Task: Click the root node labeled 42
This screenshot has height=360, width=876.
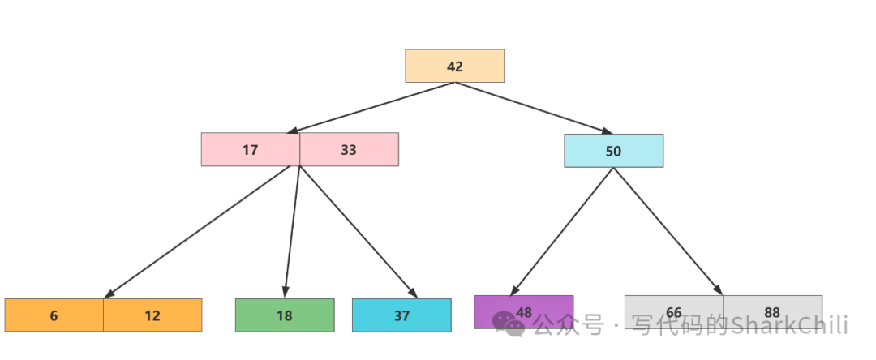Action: (x=454, y=66)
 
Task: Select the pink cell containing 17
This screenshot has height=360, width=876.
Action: (x=251, y=149)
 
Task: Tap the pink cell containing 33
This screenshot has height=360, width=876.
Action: (x=349, y=149)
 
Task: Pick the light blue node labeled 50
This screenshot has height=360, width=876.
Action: (x=613, y=151)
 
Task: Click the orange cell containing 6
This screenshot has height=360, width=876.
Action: (x=54, y=315)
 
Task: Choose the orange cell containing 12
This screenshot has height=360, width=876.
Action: (x=152, y=315)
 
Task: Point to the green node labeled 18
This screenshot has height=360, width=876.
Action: (x=284, y=315)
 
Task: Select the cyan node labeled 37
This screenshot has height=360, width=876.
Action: (x=401, y=315)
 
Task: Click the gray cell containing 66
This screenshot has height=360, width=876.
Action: (x=673, y=312)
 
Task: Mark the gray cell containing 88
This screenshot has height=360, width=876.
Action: (x=772, y=312)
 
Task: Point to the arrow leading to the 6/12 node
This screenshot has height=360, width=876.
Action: (x=199, y=232)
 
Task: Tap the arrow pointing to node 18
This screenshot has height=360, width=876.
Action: (x=292, y=232)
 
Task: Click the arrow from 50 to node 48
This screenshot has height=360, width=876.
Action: (x=562, y=231)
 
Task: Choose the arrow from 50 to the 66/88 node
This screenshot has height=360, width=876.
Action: (x=668, y=231)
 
